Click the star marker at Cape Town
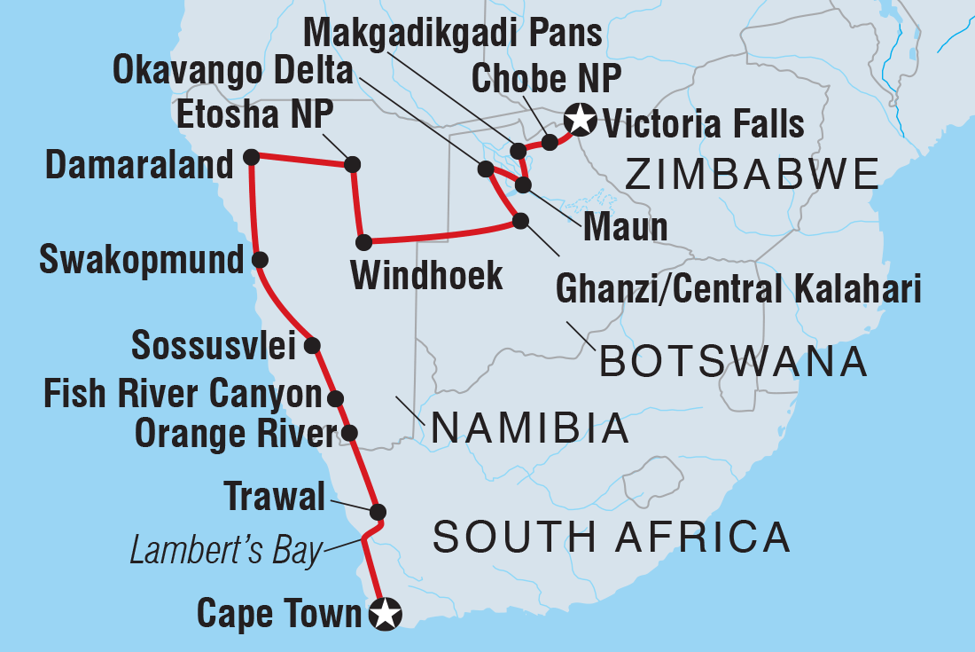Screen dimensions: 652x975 pos(386,614)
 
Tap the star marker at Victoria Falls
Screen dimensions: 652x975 pos(580,117)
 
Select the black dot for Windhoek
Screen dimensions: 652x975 pos(363,242)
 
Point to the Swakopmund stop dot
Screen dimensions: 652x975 pos(260,260)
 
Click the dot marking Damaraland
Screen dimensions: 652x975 pos(251,157)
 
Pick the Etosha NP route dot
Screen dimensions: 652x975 pos(352,164)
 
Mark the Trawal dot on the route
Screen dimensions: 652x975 pos(378,512)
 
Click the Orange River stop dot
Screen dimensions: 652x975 pos(349,433)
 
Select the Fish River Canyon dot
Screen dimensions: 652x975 pos(335,398)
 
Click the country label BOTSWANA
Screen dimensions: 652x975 pos(733,362)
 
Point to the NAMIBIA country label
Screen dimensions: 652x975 pos(530,430)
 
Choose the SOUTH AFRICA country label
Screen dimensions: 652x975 pos(612,537)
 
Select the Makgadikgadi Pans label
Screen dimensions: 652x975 pos(452,34)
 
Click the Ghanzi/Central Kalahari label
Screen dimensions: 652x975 pos(737,289)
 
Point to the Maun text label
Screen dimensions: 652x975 pos(625,228)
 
